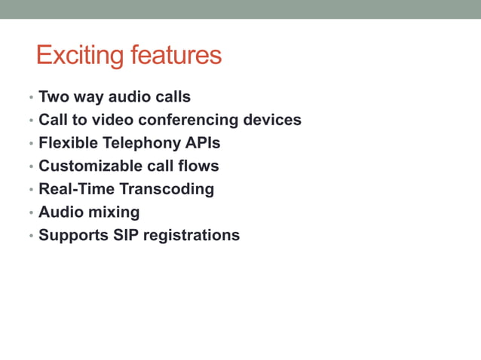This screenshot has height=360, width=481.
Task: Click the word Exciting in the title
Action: [81, 56]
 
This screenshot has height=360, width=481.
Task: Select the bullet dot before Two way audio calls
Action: [31, 98]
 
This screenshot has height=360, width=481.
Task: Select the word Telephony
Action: [142, 143]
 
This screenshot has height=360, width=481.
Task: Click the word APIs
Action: [203, 143]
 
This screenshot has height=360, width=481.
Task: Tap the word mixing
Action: [115, 212]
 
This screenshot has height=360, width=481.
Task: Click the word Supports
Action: [73, 235]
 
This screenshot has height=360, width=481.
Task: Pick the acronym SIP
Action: [125, 235]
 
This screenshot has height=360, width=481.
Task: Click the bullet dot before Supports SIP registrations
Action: [31, 236]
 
